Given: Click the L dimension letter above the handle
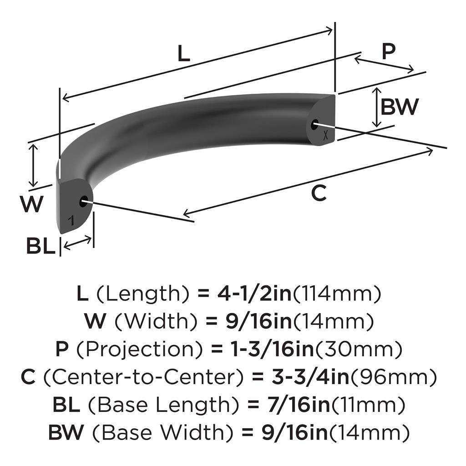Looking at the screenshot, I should [183, 55].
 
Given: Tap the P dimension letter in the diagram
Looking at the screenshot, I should [388, 52].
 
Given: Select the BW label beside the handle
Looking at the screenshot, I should [399, 107].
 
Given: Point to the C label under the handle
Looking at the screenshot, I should [319, 194].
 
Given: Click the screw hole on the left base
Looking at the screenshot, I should [84, 201].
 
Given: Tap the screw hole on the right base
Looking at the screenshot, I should [315, 124].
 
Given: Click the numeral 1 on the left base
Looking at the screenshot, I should [71, 221].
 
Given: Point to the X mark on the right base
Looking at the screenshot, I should [325, 135].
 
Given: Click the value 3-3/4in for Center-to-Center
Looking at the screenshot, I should [290, 377].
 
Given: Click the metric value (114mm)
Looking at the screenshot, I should [336, 294].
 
